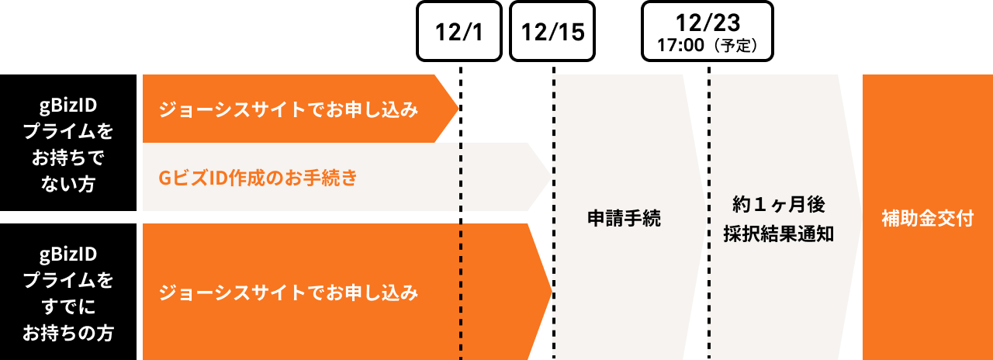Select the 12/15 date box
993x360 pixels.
[552, 31]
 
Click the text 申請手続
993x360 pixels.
[624, 219]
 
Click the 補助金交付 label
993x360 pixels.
[927, 219]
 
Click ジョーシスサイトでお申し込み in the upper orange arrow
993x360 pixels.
[289, 109]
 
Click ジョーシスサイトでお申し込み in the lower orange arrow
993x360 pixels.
[289, 292]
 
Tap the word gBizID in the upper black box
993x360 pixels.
[67, 105]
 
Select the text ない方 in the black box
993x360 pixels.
[67, 185]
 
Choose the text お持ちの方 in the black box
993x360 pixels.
[67, 334]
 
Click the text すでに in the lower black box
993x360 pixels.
[67, 307]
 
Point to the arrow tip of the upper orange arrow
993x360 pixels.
[458, 109]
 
